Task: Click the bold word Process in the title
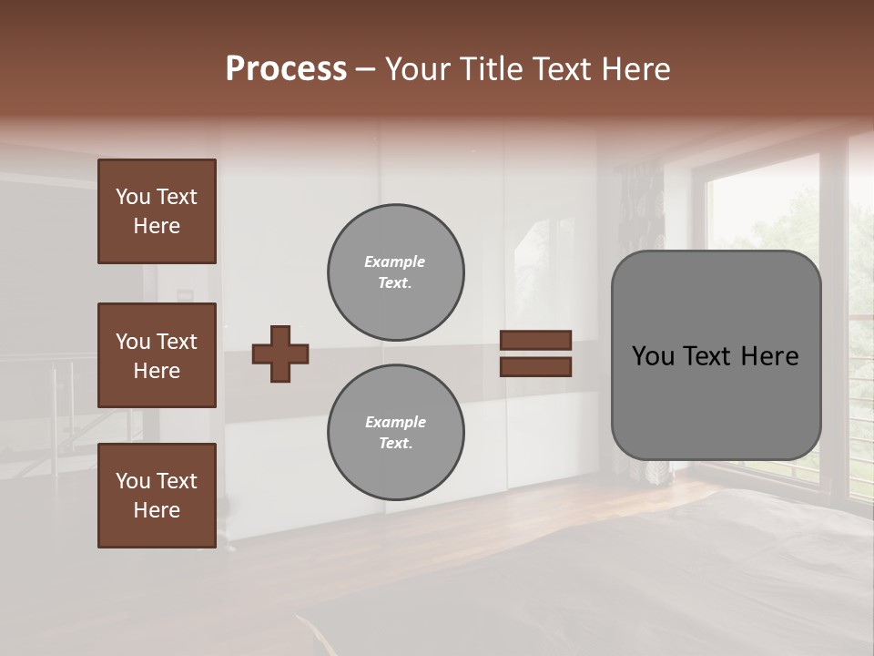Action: point(286,69)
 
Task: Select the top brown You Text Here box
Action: point(157,211)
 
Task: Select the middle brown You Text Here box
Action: point(157,355)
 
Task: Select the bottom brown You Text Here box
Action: point(157,495)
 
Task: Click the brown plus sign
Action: point(280,354)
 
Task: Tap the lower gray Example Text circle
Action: point(395,433)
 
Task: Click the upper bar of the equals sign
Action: point(535,340)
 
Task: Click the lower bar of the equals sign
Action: point(535,366)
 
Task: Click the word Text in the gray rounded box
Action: point(716,356)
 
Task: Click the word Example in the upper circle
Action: point(395,262)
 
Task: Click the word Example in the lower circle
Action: point(395,423)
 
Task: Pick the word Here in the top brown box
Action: point(157,226)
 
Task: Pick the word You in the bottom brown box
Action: point(133,480)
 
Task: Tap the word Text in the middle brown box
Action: point(178,342)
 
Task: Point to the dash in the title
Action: point(366,69)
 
